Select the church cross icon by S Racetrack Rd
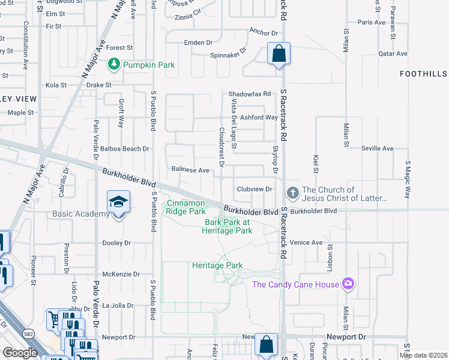click(x=292, y=193)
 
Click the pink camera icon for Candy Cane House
click(x=348, y=284)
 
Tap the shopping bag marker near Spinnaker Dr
click(x=279, y=54)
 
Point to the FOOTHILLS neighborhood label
click(x=424, y=73)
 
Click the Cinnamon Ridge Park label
click(x=187, y=208)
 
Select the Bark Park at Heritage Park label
click(x=228, y=226)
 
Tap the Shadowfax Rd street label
click(x=250, y=94)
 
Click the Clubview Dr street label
click(x=255, y=188)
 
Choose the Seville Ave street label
click(x=377, y=148)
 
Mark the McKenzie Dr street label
click(x=121, y=274)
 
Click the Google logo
click(x=20, y=353)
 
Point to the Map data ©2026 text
click(x=423, y=355)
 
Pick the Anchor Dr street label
click(x=264, y=34)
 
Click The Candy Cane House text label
click(x=295, y=284)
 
